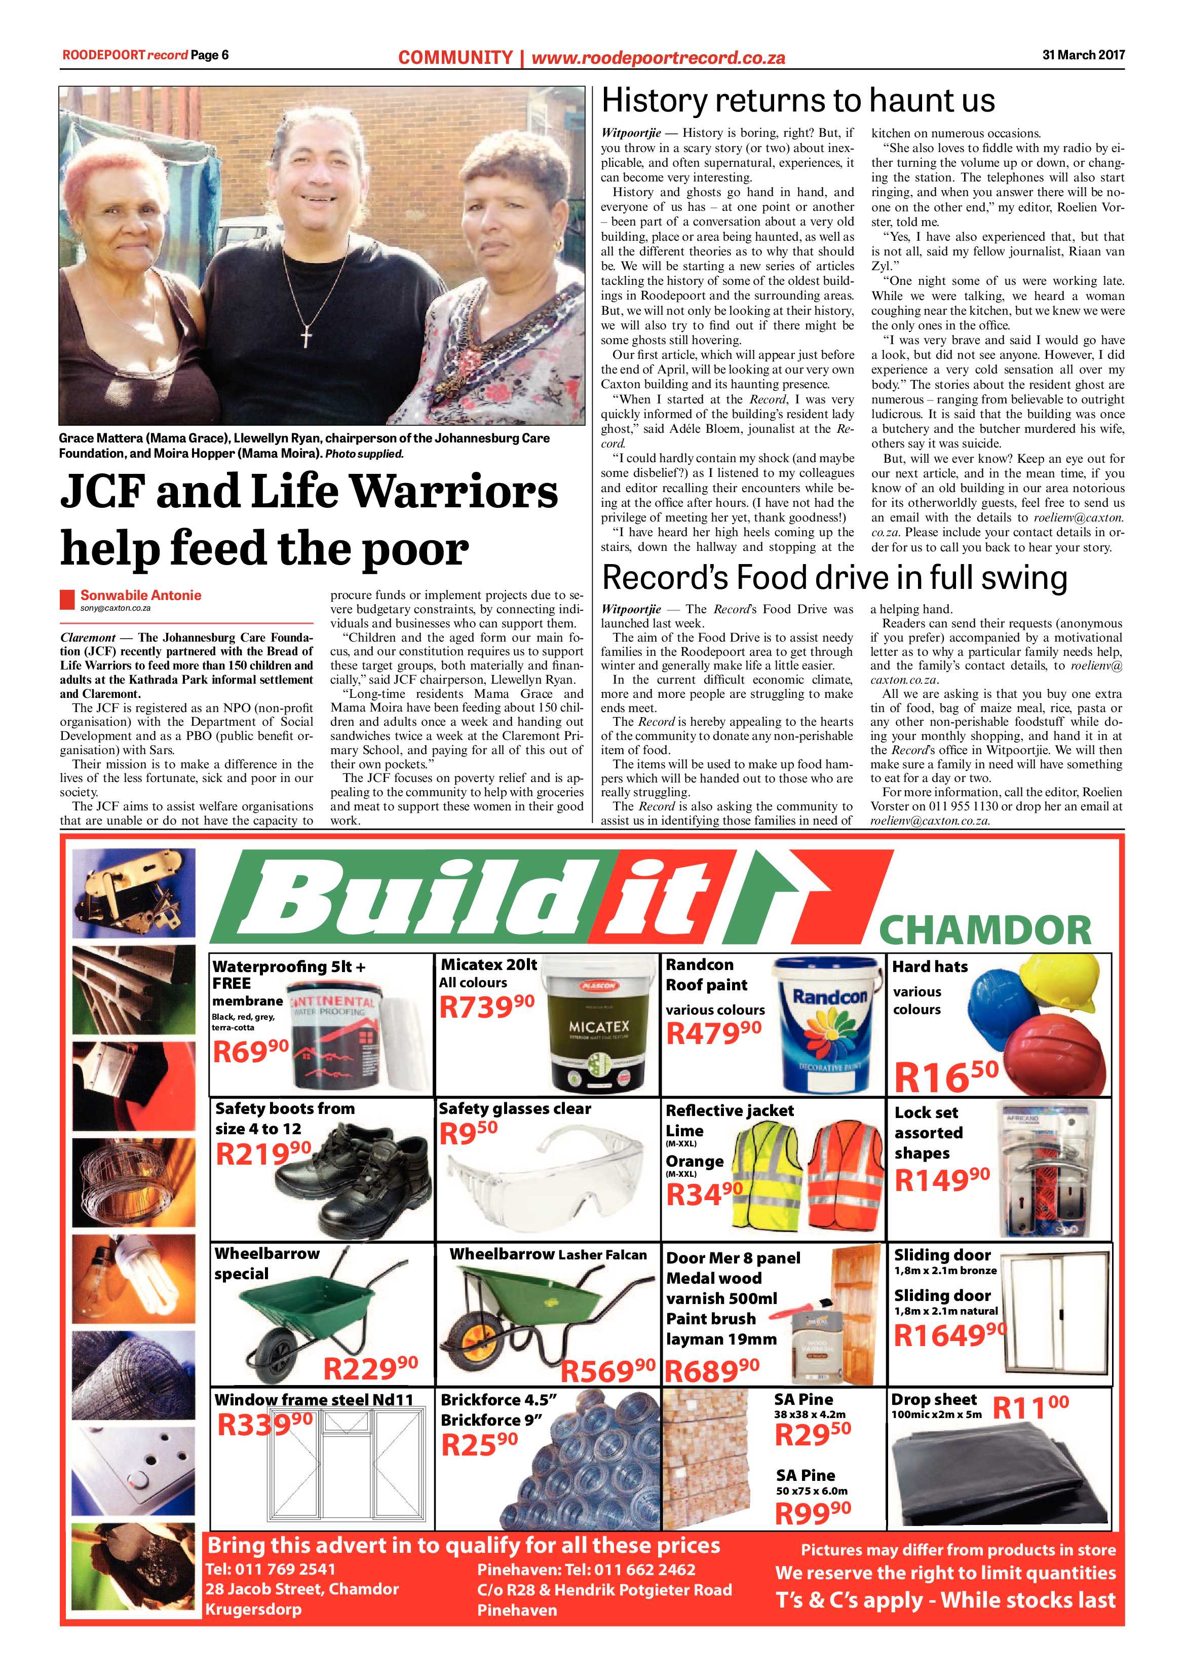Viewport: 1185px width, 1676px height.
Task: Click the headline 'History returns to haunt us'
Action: [797, 101]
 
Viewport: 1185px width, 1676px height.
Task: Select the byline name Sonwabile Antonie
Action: [141, 595]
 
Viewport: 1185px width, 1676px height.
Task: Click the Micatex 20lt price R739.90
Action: [487, 1008]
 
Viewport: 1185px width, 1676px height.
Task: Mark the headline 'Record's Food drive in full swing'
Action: [834, 578]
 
